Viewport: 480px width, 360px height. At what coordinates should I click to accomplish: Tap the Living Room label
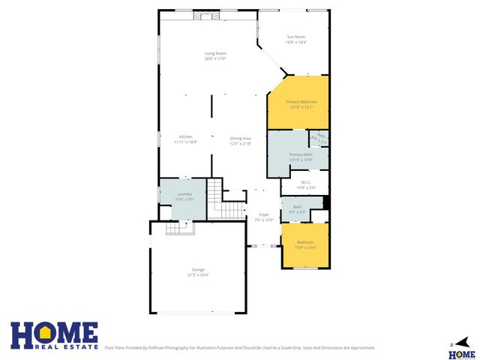216,53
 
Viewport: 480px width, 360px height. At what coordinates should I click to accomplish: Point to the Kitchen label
185,137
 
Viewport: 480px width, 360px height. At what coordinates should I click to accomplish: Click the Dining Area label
240,138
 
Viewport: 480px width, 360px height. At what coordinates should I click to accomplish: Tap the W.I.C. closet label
306,182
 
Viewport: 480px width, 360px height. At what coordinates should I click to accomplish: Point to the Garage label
198,270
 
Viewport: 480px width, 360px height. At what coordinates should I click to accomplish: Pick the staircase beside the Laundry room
215,199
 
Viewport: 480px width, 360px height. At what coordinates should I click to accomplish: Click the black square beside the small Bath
325,202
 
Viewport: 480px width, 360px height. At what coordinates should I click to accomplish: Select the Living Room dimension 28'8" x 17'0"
216,58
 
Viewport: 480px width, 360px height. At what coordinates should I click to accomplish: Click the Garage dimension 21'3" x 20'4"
198,275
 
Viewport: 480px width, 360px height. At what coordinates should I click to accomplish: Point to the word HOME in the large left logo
54,331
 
